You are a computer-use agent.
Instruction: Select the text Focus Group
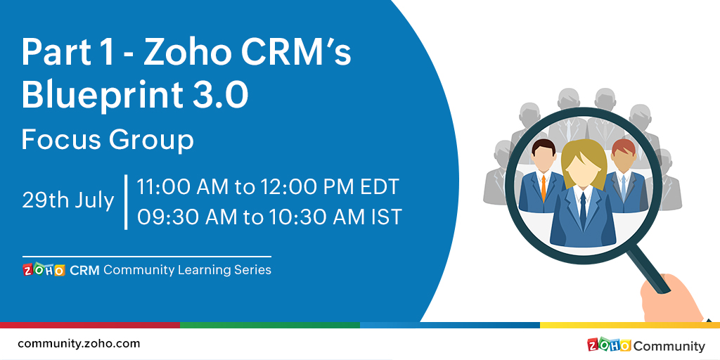click(x=108, y=140)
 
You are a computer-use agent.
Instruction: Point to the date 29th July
click(x=67, y=200)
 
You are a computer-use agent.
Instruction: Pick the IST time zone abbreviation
click(x=386, y=217)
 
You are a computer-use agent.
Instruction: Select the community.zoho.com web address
click(x=79, y=344)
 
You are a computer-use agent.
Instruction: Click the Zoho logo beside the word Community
click(x=609, y=345)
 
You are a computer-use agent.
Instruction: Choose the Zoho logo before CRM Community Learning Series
click(x=44, y=270)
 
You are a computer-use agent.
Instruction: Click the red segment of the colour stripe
click(x=90, y=325)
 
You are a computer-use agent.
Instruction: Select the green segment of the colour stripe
click(x=270, y=325)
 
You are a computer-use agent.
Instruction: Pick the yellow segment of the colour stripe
click(x=630, y=325)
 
